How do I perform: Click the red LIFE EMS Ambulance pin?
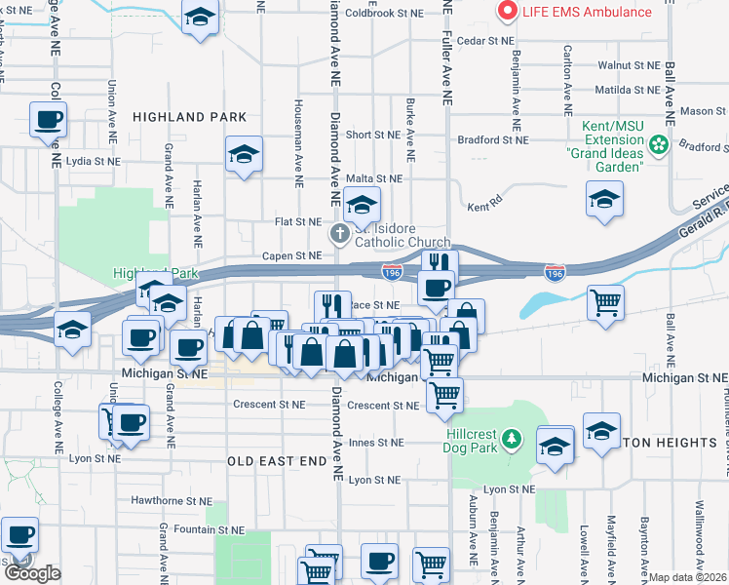[x=507, y=12]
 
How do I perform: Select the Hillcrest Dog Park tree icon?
[x=510, y=443]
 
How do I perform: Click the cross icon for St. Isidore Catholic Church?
[x=339, y=233]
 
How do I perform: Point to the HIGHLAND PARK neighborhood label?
[x=189, y=117]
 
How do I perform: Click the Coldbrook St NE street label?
[x=385, y=14]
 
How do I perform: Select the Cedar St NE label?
[x=484, y=41]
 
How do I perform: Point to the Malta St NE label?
[x=374, y=178]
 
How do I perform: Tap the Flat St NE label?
[x=298, y=221]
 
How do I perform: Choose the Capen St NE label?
[x=291, y=255]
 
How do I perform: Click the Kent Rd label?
[x=484, y=207]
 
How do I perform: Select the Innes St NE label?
[x=375, y=443]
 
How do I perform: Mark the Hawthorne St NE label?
[x=172, y=500]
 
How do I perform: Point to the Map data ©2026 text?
[x=688, y=577]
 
